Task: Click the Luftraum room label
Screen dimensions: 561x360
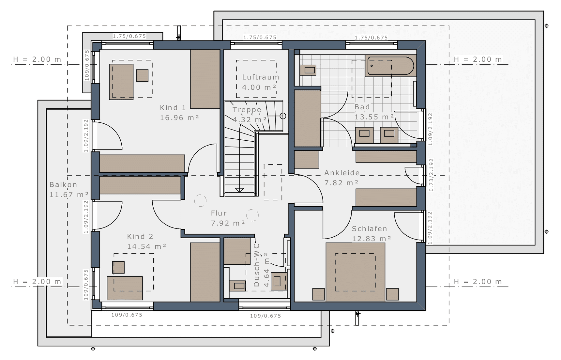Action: click(x=261, y=77)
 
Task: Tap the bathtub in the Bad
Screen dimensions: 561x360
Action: click(x=390, y=66)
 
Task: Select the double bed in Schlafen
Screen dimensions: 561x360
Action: click(x=355, y=272)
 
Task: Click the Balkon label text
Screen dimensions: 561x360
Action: click(x=63, y=185)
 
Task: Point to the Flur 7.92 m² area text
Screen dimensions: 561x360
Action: click(x=228, y=223)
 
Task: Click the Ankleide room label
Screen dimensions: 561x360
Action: click(x=342, y=173)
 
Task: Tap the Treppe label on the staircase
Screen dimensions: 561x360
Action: click(x=247, y=110)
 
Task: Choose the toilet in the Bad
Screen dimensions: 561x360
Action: click(x=308, y=70)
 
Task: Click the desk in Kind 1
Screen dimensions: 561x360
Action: click(x=121, y=82)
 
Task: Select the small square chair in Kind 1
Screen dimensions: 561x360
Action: click(x=142, y=75)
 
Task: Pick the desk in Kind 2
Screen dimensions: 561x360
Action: click(x=125, y=288)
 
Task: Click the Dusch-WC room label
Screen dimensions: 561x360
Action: click(x=257, y=265)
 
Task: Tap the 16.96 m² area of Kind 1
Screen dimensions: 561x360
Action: click(x=179, y=118)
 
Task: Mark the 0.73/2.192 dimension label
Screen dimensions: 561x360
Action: click(x=431, y=175)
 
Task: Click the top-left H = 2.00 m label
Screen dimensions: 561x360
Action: click(x=37, y=59)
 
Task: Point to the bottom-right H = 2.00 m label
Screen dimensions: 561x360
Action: click(x=478, y=282)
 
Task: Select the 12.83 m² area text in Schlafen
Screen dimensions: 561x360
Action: click(x=371, y=239)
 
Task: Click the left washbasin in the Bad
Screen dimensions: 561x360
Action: click(x=364, y=135)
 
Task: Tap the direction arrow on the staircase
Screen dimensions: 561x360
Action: click(x=240, y=190)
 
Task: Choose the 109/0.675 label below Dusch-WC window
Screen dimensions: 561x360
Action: click(x=265, y=316)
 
